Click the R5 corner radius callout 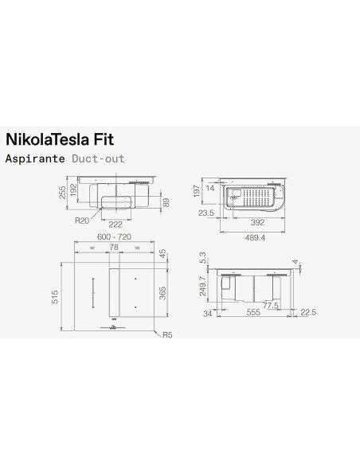pyautogui.click(x=166, y=336)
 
